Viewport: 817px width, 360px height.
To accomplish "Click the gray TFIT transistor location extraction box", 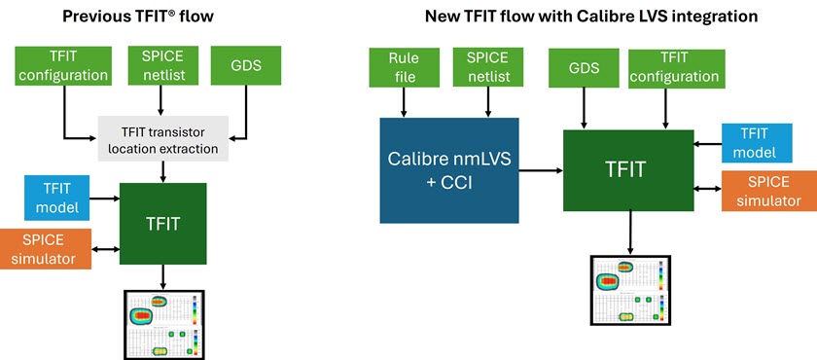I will pyautogui.click(x=163, y=138).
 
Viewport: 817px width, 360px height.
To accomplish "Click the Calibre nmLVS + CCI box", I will pyautogui.click(x=449, y=170).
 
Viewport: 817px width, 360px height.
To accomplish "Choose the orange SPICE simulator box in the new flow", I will pyautogui.click(x=763, y=189).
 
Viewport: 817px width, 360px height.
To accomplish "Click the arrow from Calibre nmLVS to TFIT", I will pyautogui.click(x=541, y=170).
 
